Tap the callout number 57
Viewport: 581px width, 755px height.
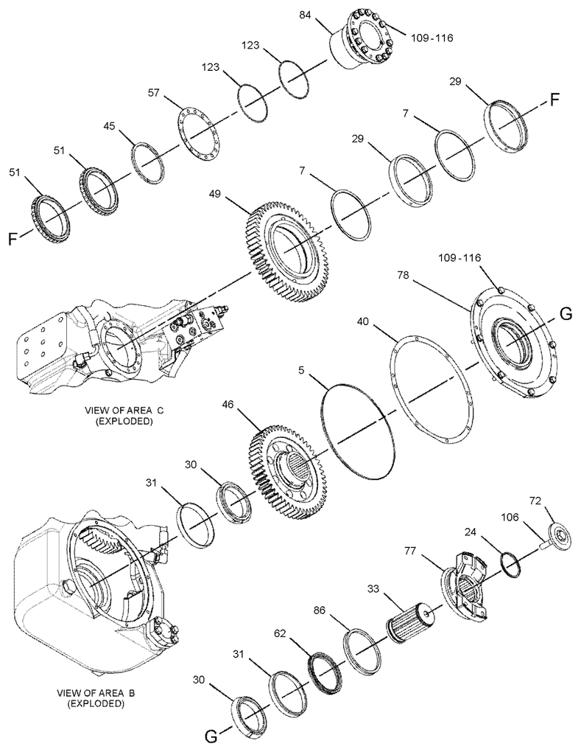click(154, 93)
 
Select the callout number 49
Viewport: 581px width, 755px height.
click(215, 194)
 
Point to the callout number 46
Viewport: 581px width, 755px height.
click(228, 405)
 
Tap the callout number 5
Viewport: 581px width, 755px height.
click(301, 370)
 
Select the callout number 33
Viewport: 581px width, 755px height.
click(373, 588)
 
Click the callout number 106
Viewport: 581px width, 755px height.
click(510, 517)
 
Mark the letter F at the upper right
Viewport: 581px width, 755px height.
click(554, 100)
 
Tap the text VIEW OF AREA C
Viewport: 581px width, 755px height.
click(124, 411)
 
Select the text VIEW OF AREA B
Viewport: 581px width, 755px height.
click(96, 693)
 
